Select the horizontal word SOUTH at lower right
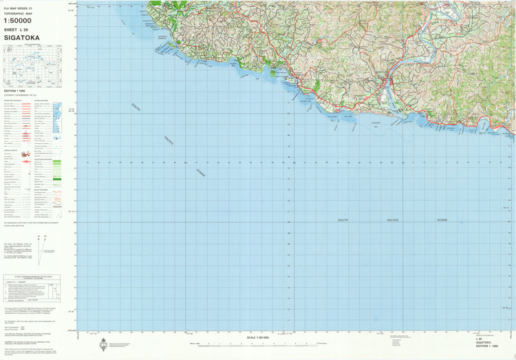343,220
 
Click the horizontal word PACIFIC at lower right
392,220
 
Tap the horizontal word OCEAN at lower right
441,220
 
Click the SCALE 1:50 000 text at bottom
258,337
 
